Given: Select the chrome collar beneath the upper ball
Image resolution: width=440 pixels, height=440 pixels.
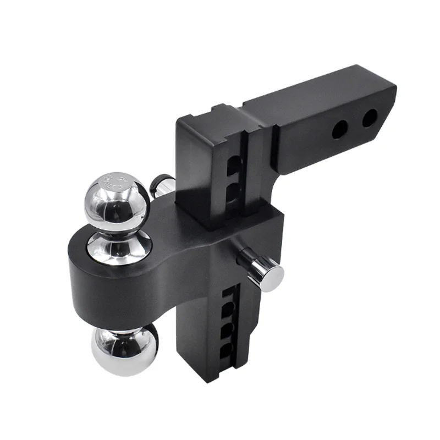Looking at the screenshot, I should coord(119,249).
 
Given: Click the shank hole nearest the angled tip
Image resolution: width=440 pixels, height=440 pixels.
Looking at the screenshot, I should coord(370,118).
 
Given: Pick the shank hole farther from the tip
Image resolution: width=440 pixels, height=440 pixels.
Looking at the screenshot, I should coord(339,129).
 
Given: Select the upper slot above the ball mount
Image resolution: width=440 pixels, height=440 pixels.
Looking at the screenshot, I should coord(234,164).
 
